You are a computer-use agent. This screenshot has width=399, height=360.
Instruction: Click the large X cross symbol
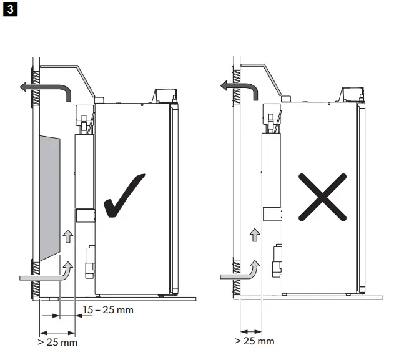pyautogui.click(x=322, y=198)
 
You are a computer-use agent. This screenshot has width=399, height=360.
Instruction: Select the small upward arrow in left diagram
pyautogui.click(x=67, y=236)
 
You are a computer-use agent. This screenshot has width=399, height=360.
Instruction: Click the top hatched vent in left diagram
pyautogui.click(x=36, y=87)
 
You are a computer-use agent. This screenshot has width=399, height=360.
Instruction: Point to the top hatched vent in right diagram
pyautogui.click(x=235, y=87)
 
